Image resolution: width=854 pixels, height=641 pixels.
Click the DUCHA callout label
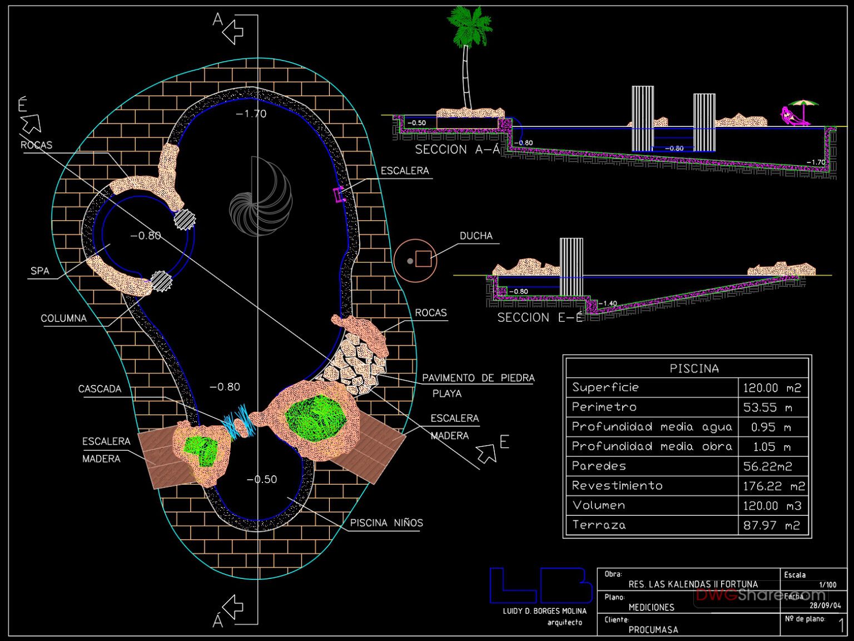[476, 236]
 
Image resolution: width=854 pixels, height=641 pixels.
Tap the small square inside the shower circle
[423, 259]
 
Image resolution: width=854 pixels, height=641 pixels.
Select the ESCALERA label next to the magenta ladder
[405, 171]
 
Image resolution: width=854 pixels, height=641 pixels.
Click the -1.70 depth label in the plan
[251, 114]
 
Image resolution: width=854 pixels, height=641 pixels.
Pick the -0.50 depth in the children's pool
[261, 480]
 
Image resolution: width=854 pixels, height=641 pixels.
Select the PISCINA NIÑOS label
[386, 523]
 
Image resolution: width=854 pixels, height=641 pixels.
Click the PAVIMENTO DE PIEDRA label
[478, 378]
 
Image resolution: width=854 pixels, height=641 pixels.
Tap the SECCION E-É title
[540, 318]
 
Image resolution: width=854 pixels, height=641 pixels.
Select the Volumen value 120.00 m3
[772, 506]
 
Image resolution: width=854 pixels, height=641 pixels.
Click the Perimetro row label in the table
[604, 407]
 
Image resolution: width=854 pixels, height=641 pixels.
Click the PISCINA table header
[694, 368]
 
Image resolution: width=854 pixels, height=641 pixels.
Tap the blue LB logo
[540, 585]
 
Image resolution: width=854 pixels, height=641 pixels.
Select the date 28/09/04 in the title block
[825, 606]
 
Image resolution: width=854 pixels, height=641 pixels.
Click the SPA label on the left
[39, 271]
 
